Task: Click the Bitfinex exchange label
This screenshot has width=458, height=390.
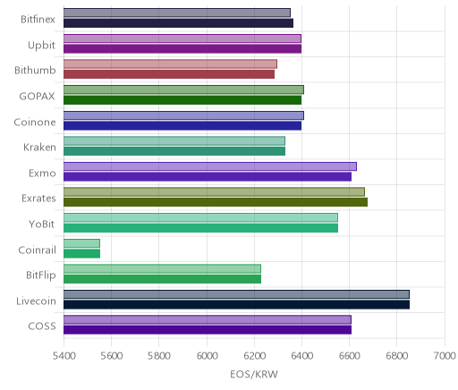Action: (38, 20)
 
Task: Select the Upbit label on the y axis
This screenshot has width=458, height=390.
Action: (41, 46)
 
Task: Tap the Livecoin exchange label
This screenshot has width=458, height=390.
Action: (36, 301)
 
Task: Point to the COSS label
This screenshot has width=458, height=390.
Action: (42, 326)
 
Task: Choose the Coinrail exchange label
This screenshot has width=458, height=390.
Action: (37, 250)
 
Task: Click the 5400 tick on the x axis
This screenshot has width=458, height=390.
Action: (64, 356)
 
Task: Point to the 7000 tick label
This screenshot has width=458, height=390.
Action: (445, 356)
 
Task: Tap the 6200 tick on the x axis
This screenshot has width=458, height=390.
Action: (254, 356)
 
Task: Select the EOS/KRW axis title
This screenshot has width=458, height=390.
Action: (254, 374)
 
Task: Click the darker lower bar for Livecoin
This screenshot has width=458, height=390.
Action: (236, 304)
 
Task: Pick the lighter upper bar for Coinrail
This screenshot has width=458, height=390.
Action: (81, 243)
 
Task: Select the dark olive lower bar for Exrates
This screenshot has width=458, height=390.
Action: (216, 202)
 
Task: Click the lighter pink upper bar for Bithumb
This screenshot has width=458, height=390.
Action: (170, 64)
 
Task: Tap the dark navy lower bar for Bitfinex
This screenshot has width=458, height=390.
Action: (178, 23)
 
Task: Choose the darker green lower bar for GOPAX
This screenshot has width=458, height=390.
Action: (182, 100)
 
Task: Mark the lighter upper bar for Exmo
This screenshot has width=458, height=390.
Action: (210, 166)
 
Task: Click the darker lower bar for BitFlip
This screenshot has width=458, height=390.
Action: (162, 279)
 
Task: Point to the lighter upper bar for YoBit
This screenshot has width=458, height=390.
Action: (200, 217)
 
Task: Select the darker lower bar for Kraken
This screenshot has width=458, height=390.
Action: (174, 151)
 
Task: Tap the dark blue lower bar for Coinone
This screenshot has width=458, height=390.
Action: (182, 125)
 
